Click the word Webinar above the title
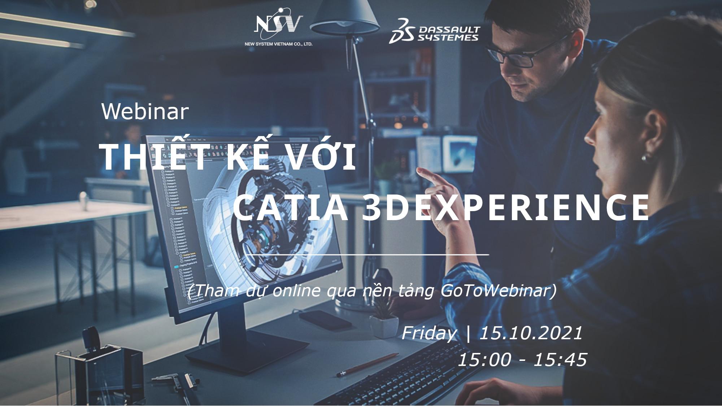click(145, 112)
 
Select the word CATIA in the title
click(291, 208)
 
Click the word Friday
click(429, 333)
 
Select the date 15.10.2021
click(530, 333)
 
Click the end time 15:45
click(560, 359)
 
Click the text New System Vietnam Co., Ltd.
click(278, 44)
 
